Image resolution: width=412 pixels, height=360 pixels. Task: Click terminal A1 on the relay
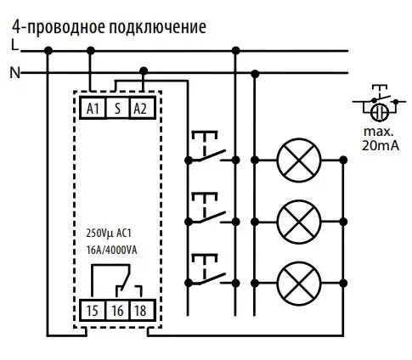click(x=92, y=108)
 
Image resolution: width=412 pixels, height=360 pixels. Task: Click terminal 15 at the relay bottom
click(x=92, y=310)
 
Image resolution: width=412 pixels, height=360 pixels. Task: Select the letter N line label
click(x=14, y=73)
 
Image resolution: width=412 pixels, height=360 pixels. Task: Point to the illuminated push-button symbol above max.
click(x=376, y=107)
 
